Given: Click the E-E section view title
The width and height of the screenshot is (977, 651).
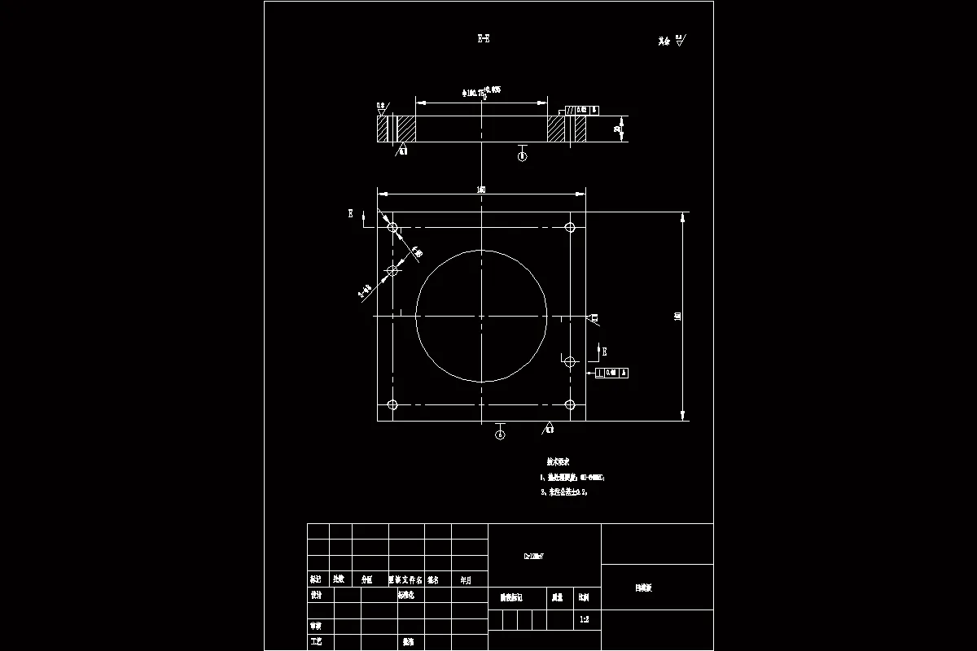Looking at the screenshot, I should coord(483,38).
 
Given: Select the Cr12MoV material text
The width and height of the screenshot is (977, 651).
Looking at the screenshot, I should coord(532,557).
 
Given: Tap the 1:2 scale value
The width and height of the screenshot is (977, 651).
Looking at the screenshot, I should coord(585,620).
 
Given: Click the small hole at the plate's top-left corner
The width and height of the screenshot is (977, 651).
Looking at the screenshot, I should coord(392,227).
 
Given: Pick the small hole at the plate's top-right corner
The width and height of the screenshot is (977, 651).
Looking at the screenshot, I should coord(571,227).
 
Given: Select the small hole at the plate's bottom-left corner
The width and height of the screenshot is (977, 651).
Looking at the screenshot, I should coord(392,404).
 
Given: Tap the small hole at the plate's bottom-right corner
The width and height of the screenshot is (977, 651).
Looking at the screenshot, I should coord(571,404).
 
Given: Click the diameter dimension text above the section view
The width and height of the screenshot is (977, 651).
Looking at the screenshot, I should coord(480,93).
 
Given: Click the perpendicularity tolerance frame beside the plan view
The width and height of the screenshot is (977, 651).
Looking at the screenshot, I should coord(612,373).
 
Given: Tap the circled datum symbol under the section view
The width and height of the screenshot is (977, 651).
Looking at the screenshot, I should coord(522,156).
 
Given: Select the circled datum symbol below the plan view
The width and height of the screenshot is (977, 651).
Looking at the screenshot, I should coord(500,435).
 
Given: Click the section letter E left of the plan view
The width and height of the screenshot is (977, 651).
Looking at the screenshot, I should coord(351,214).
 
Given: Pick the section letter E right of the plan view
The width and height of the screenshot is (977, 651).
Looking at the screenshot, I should coord(603,351).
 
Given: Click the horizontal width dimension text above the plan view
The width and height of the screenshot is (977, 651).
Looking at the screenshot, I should coord(481,190).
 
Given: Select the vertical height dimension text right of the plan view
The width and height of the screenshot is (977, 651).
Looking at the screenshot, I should coord(678,316).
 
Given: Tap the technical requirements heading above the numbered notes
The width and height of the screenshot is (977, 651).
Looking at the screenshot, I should coord(558,461).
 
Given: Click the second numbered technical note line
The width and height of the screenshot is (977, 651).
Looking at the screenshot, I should coord(563,492).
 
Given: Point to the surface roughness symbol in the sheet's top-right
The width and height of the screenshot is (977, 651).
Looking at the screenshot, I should coord(674,40).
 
